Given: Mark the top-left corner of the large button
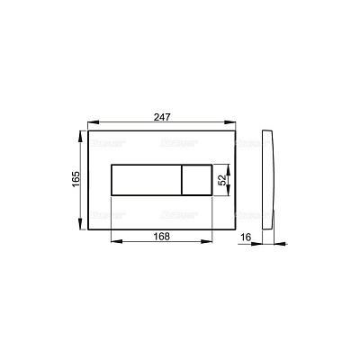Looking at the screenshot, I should tap(112, 166).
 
